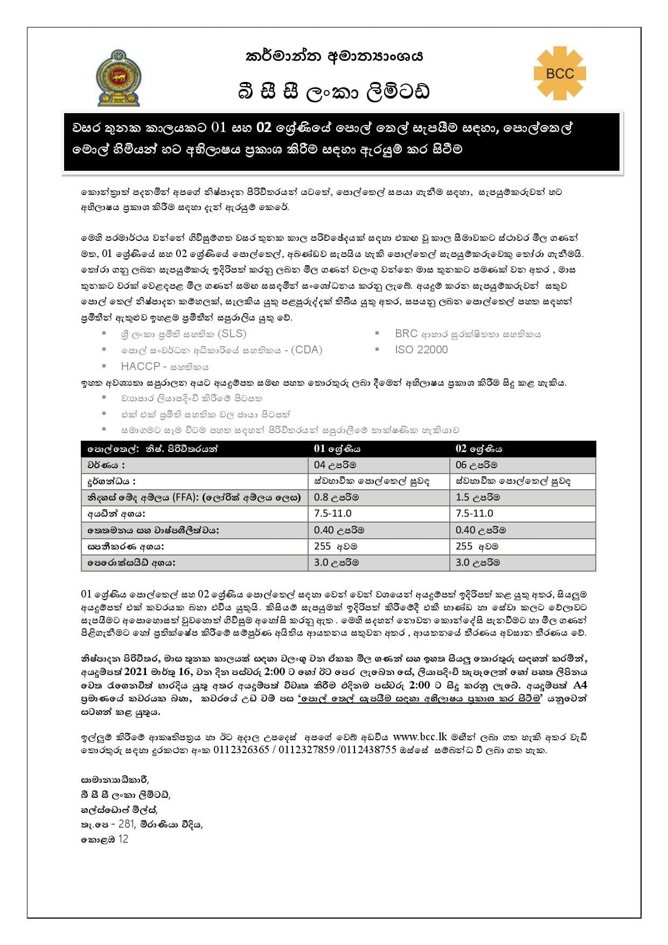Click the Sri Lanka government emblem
[x=119, y=78]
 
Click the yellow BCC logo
[x=560, y=73]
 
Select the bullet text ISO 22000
[x=421, y=350]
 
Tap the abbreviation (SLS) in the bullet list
[x=232, y=333]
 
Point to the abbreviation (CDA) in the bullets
[x=306, y=350]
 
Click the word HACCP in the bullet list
[x=140, y=366]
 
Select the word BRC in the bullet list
[x=406, y=333]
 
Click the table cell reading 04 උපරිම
[x=335, y=465]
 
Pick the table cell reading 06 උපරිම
[x=476, y=465]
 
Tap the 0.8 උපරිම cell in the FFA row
[x=336, y=497]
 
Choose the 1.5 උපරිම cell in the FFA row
[x=477, y=497]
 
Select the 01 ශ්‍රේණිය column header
[x=337, y=449]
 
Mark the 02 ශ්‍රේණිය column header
[x=478, y=449]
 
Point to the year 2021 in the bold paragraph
[x=136, y=672]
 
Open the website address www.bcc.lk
[x=420, y=736]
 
